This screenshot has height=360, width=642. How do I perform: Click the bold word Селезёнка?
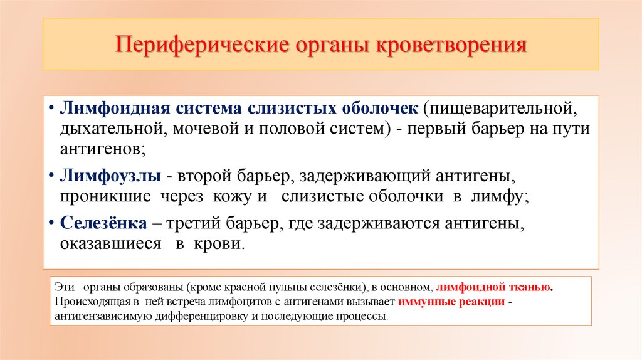coord(104,223)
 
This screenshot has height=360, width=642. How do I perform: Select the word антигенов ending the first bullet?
coord(103,149)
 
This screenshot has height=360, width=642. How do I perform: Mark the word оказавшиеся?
coord(111,243)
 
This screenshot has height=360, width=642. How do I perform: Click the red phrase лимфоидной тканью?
coord(493,287)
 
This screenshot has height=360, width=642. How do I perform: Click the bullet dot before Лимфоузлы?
coord(50,176)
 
